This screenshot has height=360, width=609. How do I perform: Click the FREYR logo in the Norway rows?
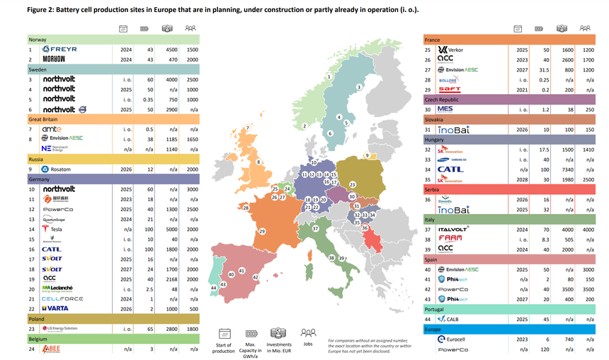pos(59,50)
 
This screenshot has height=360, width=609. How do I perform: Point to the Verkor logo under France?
pos(453,50)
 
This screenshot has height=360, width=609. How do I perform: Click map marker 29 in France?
pos(261,232)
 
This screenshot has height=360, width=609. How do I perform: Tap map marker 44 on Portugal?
pos(213,288)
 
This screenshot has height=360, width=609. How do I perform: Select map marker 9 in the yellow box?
pos(367,155)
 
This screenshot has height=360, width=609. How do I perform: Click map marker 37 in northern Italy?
pos(314,230)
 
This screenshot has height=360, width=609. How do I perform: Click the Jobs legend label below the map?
pos(308,345)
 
